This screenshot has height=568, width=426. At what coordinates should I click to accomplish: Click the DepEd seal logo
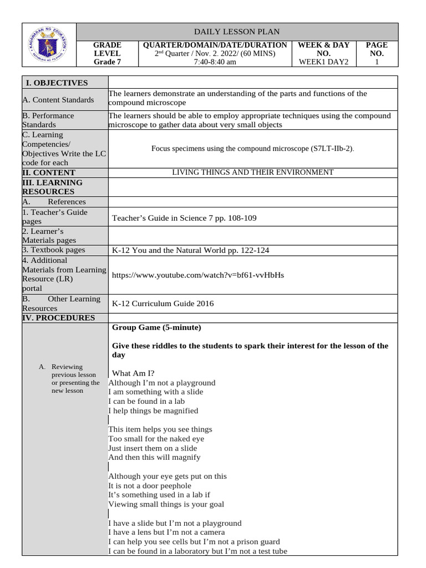coord(48,45)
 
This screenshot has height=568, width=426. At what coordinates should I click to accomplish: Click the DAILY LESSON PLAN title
coord(237,32)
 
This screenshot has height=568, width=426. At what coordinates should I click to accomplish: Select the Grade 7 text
coord(107,62)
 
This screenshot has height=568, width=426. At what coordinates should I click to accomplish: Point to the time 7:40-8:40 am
coord(215,62)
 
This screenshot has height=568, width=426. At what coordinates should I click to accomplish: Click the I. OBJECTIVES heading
coord(57,83)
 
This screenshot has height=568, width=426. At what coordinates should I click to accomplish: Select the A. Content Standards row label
coord(58,100)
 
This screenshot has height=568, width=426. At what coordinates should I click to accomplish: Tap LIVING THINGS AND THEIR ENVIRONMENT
coord(252,173)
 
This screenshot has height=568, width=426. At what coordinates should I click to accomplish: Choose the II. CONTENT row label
coord(48,173)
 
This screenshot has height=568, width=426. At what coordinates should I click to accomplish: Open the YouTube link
coord(197,275)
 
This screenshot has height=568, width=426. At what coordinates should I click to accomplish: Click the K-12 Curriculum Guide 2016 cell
coord(163,303)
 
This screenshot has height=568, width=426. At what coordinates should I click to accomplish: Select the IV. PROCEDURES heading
coord(58,318)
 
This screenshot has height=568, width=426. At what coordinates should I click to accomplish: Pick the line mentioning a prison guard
coord(194,541)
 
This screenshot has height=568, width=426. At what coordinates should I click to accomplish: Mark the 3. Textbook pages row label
coord(54,250)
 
